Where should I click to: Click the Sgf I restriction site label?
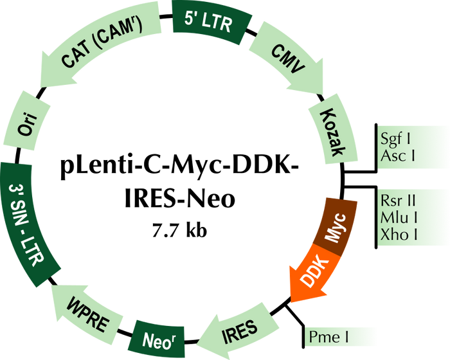[x=395, y=138]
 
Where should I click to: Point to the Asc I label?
[x=397, y=156]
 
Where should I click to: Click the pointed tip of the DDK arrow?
[x=293, y=302]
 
